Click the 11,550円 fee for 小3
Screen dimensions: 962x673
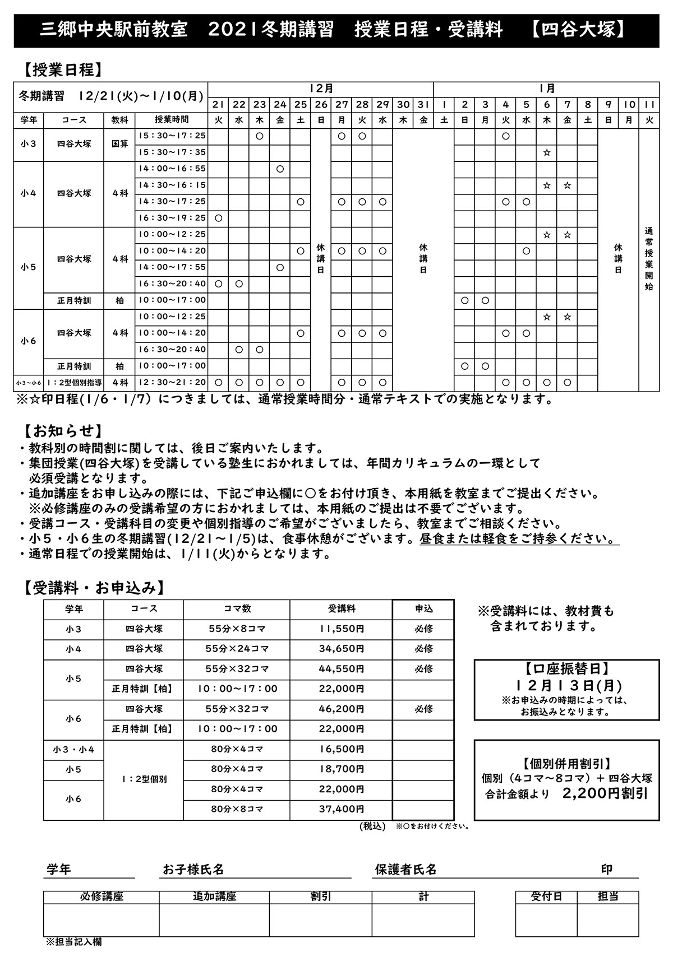(342, 629)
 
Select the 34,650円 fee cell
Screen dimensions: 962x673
(342, 649)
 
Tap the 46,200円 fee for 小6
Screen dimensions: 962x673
(342, 709)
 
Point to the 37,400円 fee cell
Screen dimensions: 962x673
(342, 809)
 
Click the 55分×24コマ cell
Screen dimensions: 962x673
(237, 649)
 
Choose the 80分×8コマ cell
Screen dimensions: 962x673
(237, 809)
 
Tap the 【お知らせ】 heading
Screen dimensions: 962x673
(63, 431)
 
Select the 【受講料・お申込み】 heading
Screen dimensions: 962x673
(94, 588)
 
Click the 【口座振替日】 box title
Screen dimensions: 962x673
(566, 668)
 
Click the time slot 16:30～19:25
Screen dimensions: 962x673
(172, 218)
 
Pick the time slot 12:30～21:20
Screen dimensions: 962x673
(172, 383)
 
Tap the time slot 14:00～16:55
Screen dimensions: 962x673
(172, 169)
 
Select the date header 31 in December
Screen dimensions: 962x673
(423, 104)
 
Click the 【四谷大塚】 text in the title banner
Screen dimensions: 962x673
(578, 30)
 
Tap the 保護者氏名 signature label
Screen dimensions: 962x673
(405, 870)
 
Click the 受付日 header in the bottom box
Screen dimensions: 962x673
(546, 896)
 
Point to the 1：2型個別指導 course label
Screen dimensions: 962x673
(75, 383)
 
